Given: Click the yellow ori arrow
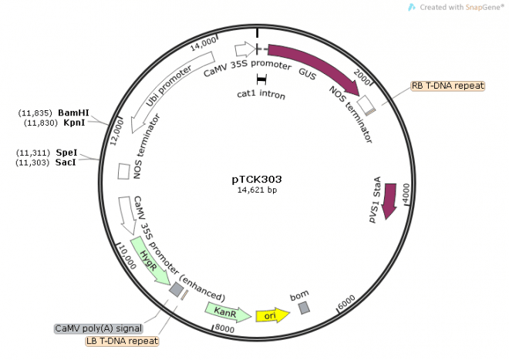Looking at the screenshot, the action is (x=273, y=315).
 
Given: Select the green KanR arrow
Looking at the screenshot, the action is (x=228, y=312).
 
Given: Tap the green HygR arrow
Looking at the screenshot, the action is (x=150, y=261).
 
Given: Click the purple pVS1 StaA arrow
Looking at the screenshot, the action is (x=389, y=201).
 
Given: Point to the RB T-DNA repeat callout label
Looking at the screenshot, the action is (x=447, y=86).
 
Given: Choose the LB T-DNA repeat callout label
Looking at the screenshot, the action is (x=122, y=341).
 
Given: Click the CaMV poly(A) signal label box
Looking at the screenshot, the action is (x=99, y=328).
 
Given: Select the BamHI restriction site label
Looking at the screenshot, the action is (x=73, y=113).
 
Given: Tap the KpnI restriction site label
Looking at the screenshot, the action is (x=74, y=123).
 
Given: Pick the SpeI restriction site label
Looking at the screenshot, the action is (x=66, y=153).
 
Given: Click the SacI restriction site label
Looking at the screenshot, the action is (x=66, y=163).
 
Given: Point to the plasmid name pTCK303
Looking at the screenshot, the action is (x=257, y=179).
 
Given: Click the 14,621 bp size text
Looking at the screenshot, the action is (x=257, y=190).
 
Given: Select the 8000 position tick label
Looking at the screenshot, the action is (x=224, y=329).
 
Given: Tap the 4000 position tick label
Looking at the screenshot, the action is (x=406, y=193).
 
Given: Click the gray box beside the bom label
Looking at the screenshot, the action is (x=304, y=308).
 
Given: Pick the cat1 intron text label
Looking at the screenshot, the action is (x=261, y=95).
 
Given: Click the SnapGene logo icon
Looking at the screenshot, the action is (x=411, y=7).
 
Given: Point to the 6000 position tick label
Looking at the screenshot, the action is (x=346, y=302).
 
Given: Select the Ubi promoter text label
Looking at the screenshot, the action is (x=168, y=86).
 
